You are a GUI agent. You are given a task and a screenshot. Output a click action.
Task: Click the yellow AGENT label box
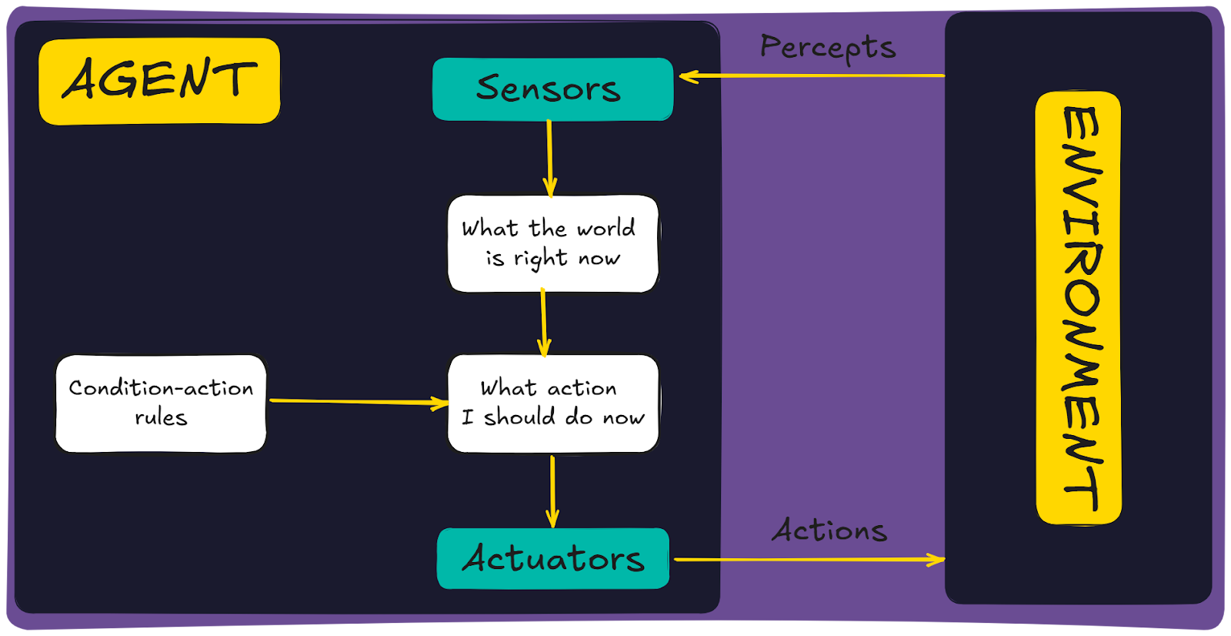(x=159, y=81)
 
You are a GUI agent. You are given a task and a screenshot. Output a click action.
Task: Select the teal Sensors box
(x=552, y=89)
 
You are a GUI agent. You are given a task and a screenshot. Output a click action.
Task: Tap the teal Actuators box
(x=552, y=559)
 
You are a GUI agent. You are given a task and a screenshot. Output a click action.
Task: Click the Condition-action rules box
(x=161, y=403)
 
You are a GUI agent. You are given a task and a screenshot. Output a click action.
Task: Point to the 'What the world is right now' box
(x=552, y=243)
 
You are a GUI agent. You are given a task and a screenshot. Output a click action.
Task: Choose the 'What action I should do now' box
(x=552, y=403)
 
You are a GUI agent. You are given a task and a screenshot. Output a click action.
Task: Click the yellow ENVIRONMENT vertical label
(x=1079, y=308)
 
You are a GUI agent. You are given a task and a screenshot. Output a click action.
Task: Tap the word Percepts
(x=828, y=48)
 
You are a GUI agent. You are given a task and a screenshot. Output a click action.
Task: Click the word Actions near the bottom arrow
(x=829, y=531)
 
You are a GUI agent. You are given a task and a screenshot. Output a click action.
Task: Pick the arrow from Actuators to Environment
(x=808, y=560)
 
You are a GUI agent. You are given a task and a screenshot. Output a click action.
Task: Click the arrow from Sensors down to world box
(x=549, y=158)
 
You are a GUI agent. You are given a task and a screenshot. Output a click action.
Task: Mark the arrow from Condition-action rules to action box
(x=358, y=402)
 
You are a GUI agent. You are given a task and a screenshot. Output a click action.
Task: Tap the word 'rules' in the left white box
(x=161, y=418)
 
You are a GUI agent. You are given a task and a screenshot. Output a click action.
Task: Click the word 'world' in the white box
(x=606, y=229)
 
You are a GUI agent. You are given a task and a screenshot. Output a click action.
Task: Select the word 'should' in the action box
(x=519, y=417)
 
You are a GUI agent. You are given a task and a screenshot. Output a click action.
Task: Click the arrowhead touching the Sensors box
(x=687, y=76)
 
